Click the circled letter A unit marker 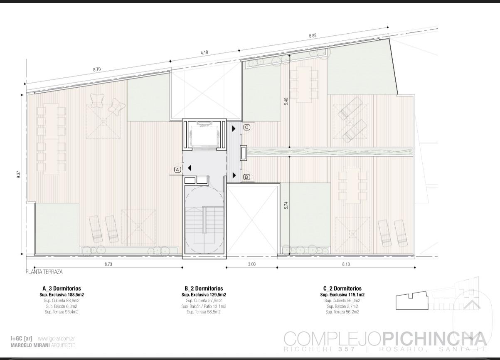177,170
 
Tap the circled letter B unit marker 246,177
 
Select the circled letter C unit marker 246,128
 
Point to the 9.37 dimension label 19,174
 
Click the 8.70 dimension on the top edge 97,69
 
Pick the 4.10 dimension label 204,52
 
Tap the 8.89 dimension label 313,35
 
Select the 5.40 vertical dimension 286,101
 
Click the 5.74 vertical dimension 286,205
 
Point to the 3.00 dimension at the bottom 252,264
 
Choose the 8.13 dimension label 346,264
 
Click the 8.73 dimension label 108,264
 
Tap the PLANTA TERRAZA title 44,272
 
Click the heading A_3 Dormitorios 62,288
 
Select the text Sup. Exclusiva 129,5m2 204,295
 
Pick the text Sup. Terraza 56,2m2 342,312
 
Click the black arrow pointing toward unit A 190,168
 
